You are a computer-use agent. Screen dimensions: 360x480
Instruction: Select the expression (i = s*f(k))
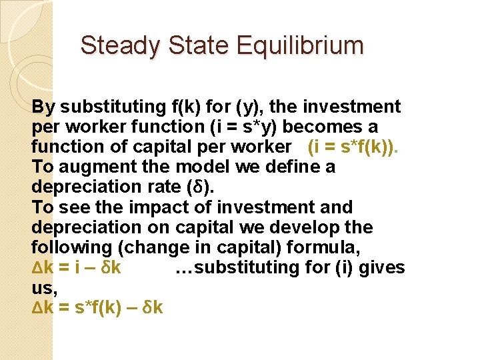[x=351, y=147]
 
